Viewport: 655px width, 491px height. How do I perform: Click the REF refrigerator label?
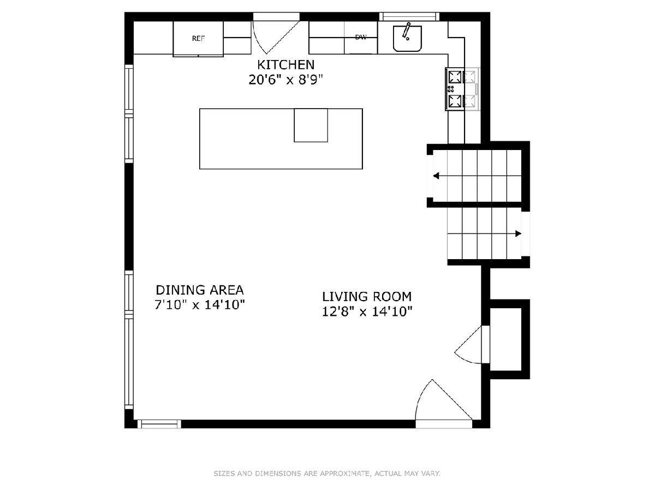click(198, 38)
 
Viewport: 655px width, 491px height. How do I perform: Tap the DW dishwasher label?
click(361, 37)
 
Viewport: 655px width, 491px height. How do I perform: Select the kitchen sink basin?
click(407, 38)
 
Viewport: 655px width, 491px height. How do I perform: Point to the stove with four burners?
click(462, 89)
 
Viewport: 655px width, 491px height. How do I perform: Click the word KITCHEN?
click(286, 65)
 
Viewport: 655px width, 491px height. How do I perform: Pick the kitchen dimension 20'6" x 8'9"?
click(286, 80)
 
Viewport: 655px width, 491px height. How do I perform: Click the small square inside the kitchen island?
click(311, 125)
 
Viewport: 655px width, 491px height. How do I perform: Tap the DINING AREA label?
click(200, 290)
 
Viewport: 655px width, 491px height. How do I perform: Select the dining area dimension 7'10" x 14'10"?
click(200, 304)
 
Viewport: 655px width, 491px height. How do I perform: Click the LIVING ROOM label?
click(367, 297)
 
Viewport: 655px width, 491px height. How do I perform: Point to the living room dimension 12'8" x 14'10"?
click(367, 312)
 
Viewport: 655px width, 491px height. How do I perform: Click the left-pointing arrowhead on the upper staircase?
click(436, 176)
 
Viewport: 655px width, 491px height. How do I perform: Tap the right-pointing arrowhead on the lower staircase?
click(519, 233)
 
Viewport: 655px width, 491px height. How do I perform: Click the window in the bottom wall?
click(159, 424)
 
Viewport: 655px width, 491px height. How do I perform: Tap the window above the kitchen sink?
click(409, 16)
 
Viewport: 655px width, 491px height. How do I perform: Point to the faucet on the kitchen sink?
click(406, 31)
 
